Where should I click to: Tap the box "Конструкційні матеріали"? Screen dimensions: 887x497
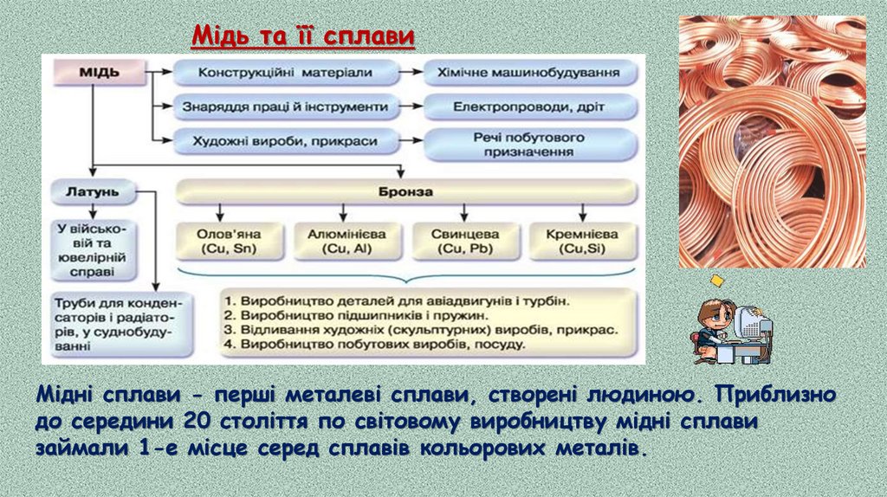[285, 74]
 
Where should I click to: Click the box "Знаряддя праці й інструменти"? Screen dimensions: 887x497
[285, 107]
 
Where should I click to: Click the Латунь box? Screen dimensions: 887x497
[91, 190]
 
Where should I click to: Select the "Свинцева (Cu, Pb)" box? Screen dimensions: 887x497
[464, 242]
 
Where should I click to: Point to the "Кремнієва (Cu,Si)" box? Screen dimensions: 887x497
[582, 242]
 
